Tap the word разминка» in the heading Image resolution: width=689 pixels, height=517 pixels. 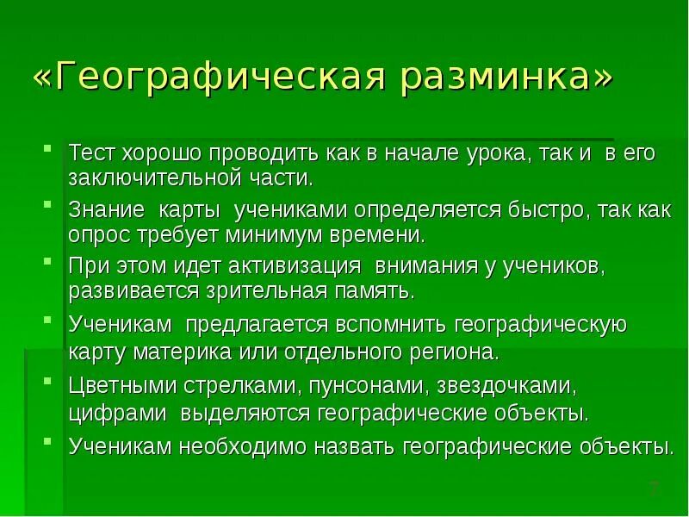508,78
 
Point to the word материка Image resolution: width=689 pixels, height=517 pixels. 193,352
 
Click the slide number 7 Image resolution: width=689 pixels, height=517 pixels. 654,489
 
